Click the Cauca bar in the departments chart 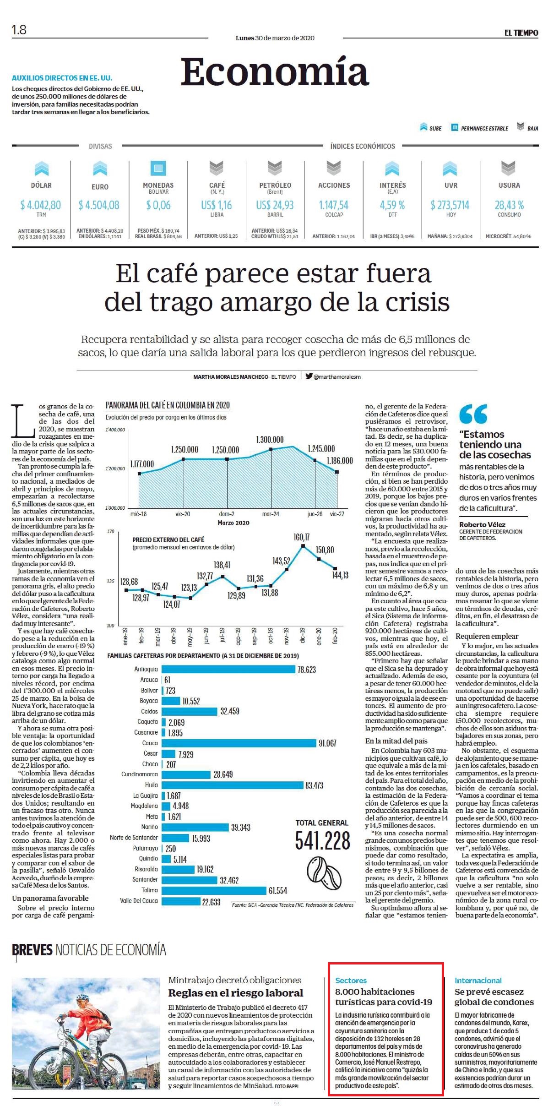239,743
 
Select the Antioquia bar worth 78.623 228,669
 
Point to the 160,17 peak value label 302,537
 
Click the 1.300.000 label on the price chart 270,440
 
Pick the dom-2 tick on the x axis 227,514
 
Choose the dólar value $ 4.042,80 41,205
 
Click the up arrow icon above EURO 100,169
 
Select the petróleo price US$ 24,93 275,205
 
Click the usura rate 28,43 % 509,205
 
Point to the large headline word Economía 275,72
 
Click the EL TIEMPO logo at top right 521,33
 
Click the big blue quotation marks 473,414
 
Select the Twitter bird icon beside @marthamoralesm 309,376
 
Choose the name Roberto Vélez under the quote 483,524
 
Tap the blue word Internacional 478,981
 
